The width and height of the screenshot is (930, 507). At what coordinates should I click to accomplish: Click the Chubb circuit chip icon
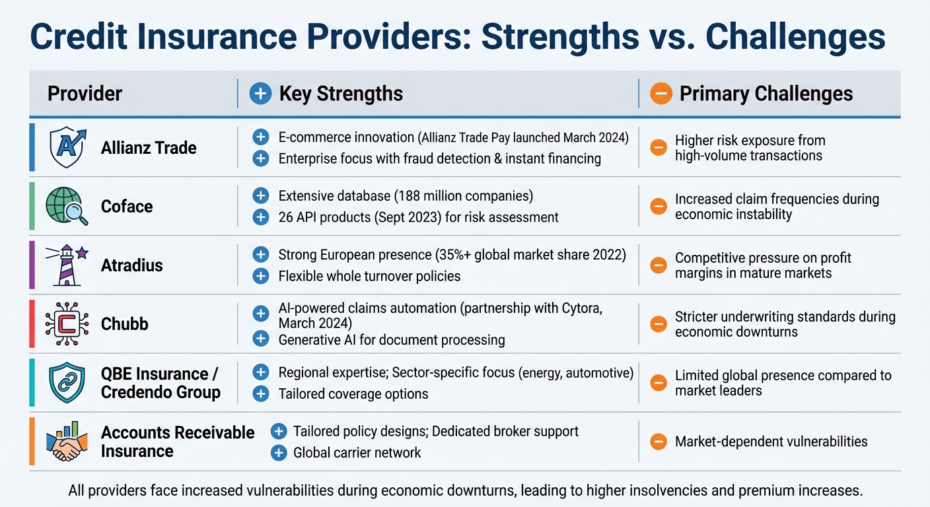pyautogui.click(x=66, y=323)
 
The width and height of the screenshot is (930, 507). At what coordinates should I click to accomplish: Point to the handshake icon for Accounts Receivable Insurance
pyautogui.click(x=66, y=441)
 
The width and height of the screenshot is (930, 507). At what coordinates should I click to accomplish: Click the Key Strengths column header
pyautogui.click(x=340, y=94)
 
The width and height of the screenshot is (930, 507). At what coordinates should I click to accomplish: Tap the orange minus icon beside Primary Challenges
pyautogui.click(x=661, y=94)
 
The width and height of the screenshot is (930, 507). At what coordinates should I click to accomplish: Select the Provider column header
pyautogui.click(x=85, y=94)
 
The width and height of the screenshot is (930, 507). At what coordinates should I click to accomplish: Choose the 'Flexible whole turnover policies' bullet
pyautogui.click(x=369, y=276)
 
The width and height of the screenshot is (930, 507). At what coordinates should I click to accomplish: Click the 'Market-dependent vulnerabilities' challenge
pyautogui.click(x=771, y=442)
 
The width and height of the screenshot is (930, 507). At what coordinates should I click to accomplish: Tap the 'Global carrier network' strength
pyautogui.click(x=357, y=453)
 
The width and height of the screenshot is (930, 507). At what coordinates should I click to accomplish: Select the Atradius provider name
pyautogui.click(x=132, y=265)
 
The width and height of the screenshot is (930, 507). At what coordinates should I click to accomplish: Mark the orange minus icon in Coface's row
pyautogui.click(x=659, y=207)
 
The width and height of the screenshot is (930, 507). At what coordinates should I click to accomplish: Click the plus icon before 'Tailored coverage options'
pyautogui.click(x=261, y=394)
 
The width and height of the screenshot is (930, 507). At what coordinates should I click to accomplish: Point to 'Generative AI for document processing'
pyautogui.click(x=391, y=340)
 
